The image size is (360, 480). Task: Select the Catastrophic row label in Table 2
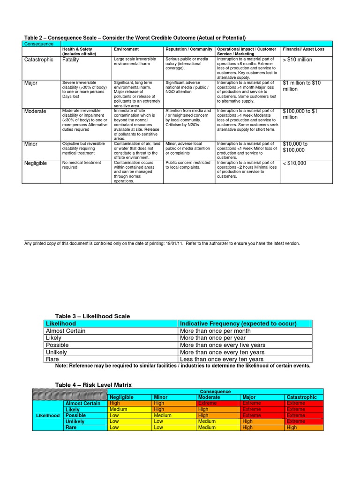[x=39, y=60]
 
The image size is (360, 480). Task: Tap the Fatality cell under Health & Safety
[x=71, y=60]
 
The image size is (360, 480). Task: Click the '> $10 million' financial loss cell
[x=298, y=60]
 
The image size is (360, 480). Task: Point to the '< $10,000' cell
[x=294, y=163]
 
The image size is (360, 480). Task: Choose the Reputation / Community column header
[x=188, y=49]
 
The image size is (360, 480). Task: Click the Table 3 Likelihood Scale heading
[x=92, y=316]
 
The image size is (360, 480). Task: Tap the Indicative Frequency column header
[x=238, y=324]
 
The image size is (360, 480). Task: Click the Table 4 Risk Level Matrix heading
[x=93, y=385]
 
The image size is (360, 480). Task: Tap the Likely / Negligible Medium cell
[x=118, y=409]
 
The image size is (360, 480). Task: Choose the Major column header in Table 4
[x=249, y=397]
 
